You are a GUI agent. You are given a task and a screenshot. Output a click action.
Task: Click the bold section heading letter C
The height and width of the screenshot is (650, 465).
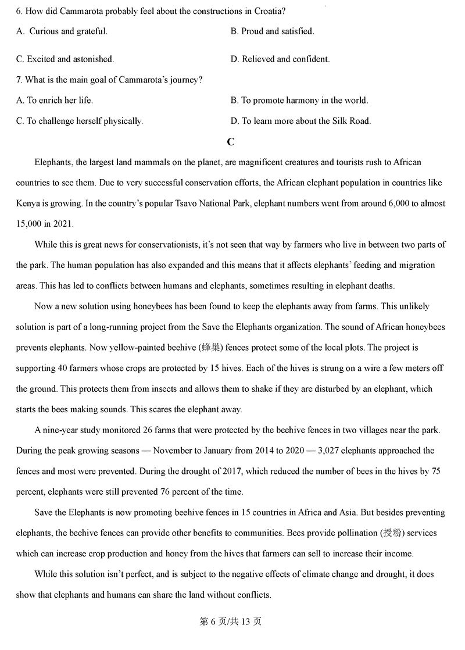[231, 142]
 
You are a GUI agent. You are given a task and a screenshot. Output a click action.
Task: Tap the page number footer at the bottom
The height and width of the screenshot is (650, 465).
[231, 622]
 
